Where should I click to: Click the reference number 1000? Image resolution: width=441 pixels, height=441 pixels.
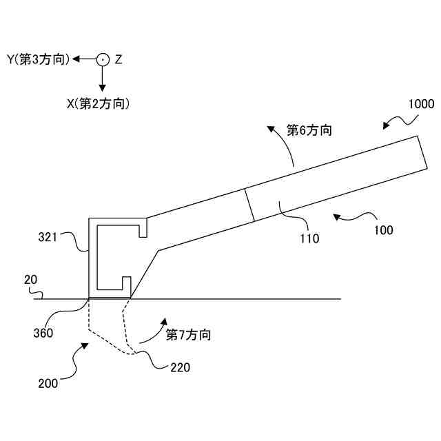coord(421,105)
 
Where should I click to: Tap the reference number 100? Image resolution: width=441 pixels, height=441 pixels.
coord(384,230)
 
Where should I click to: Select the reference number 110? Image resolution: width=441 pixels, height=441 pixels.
coord(309,239)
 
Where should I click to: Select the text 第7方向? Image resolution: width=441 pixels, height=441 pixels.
coord(188,336)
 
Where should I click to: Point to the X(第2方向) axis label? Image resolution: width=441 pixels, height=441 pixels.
coord(98,104)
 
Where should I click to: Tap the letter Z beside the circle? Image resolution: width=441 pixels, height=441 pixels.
coord(119,60)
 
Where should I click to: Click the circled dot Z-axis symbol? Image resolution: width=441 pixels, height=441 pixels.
coord(102,60)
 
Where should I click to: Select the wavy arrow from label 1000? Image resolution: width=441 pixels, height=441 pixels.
coord(398,122)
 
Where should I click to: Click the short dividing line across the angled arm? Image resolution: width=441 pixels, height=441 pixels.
coord(249,205)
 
